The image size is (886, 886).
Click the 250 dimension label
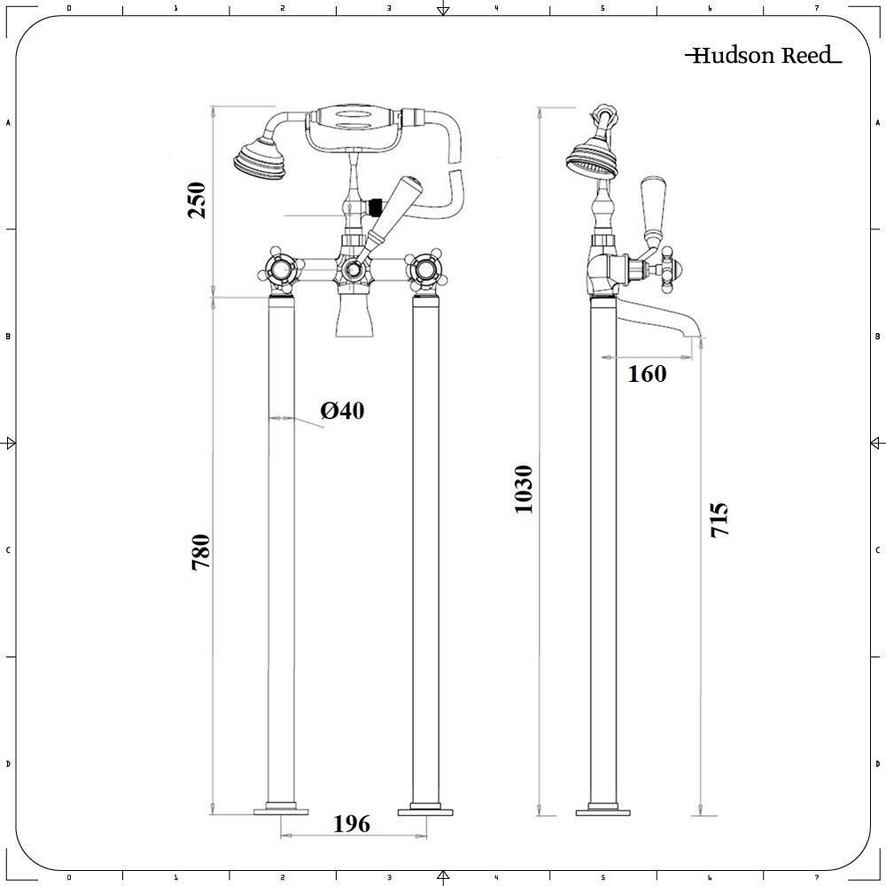tap(196, 200)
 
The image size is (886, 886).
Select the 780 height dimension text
tap(201, 551)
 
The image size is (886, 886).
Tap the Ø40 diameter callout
tap(342, 410)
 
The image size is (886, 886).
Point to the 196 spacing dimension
tap(352, 824)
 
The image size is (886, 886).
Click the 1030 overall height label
tap(524, 489)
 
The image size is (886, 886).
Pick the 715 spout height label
tap(719, 520)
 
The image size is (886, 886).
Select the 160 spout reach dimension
tap(647, 374)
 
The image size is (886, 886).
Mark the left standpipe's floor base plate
tap(281, 810)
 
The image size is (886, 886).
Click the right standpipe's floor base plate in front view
tap(426, 810)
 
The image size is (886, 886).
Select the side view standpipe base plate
tap(603, 810)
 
